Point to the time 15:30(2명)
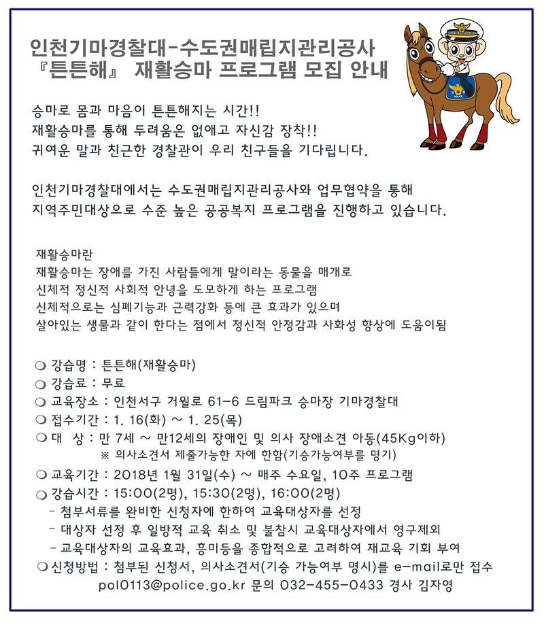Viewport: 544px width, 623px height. [x=222, y=493]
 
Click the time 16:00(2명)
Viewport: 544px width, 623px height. [x=302, y=493]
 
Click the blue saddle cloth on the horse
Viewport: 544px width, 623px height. [x=457, y=90]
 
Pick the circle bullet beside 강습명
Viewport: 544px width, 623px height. [x=41, y=366]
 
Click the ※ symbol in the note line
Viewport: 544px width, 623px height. [x=105, y=454]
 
